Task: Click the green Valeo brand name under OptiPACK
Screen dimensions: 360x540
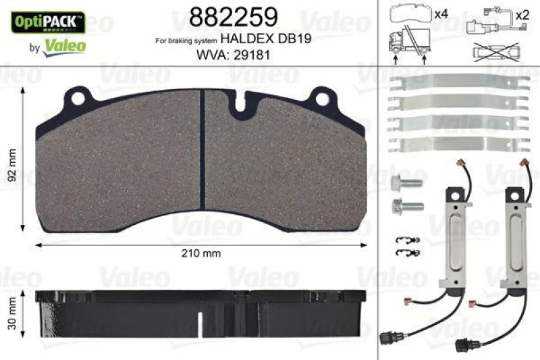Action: (x=64, y=45)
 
